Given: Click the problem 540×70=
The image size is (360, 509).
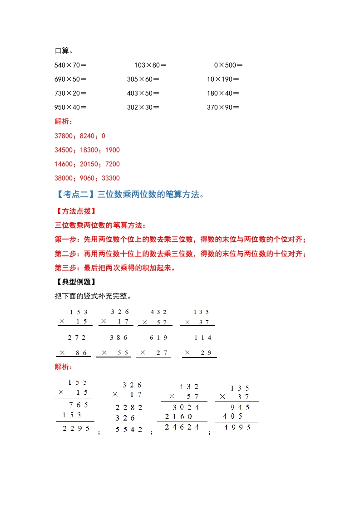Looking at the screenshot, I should [x=70, y=65].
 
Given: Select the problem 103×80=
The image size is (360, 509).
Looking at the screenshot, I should [x=150, y=65].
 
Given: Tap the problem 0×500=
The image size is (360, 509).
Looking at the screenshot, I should [x=228, y=65].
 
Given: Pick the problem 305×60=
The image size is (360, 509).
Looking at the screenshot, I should [x=143, y=79].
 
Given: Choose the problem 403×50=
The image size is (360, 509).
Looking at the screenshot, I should [x=143, y=93].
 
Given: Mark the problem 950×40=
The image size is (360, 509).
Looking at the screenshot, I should [x=70, y=107].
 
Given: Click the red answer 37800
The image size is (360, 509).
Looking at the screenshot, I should [x=64, y=136].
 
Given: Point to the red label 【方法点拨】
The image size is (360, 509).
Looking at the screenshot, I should [x=75, y=211].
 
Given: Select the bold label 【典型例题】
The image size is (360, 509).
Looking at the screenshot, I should [x=75, y=282].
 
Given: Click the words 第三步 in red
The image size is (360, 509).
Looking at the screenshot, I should [x=65, y=267].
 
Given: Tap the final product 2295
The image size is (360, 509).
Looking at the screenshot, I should [x=76, y=429].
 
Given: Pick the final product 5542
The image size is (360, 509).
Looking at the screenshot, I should [x=129, y=429].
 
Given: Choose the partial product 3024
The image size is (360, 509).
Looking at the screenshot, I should [x=186, y=407].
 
